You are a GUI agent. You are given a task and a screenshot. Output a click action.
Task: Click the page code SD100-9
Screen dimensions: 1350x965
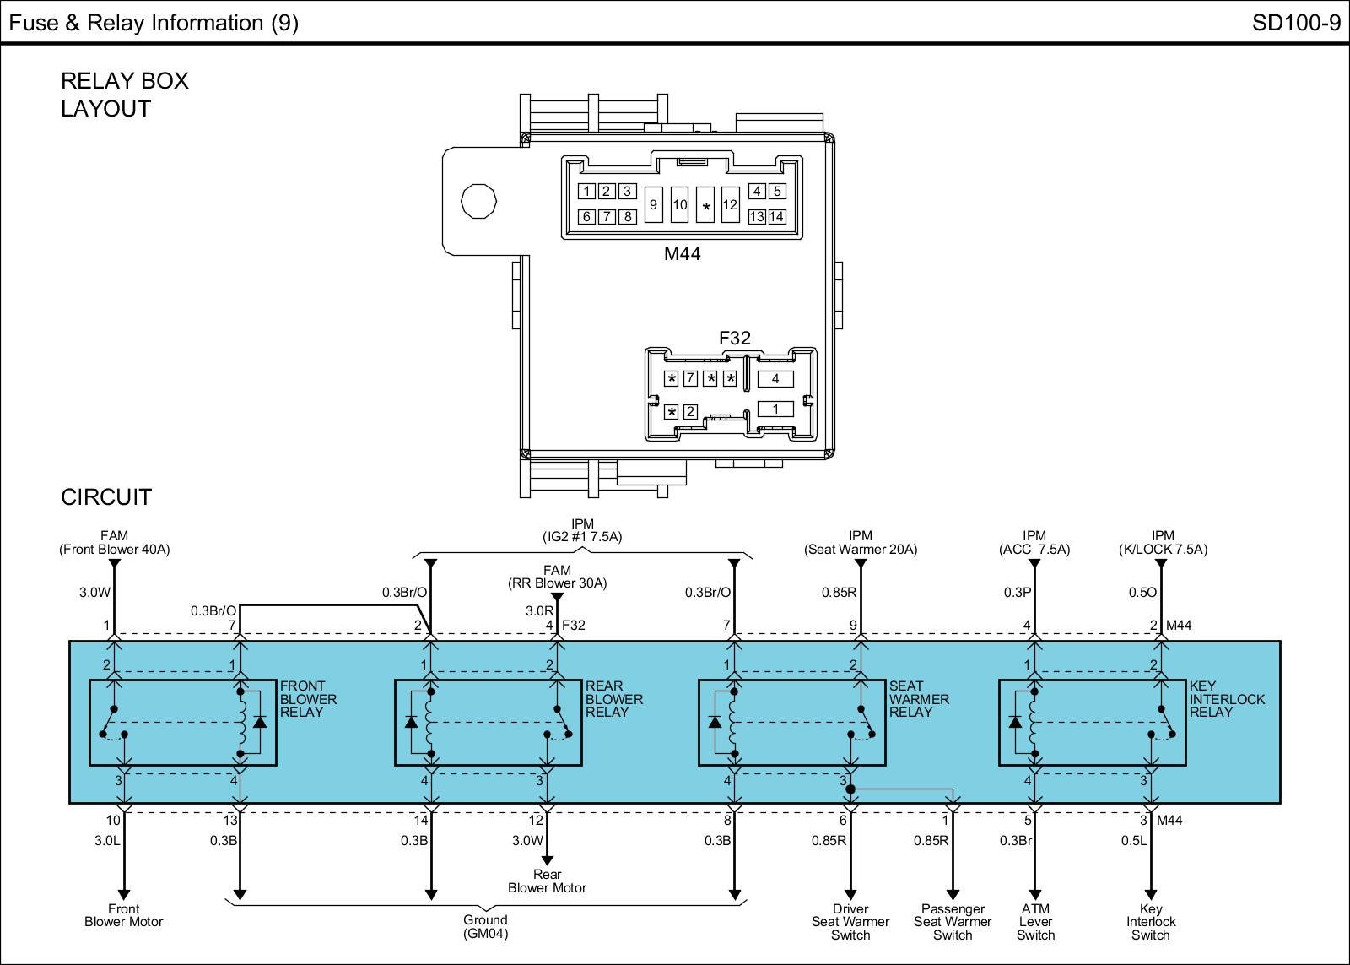click(x=1296, y=23)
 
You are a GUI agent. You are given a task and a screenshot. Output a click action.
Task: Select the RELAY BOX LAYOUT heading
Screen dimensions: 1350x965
click(x=125, y=95)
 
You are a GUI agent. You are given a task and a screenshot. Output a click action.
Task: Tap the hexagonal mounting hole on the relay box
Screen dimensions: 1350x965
click(x=478, y=201)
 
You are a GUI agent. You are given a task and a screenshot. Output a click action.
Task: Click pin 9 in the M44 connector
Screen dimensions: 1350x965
click(x=653, y=204)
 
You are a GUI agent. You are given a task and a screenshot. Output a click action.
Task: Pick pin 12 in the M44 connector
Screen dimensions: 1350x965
click(x=730, y=204)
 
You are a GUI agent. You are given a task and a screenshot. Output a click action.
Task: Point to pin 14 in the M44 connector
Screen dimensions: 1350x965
click(x=777, y=216)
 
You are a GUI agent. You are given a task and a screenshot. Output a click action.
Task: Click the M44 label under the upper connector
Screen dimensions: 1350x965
click(x=683, y=253)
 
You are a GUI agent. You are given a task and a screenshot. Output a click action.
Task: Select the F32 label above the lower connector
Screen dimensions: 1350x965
click(x=735, y=338)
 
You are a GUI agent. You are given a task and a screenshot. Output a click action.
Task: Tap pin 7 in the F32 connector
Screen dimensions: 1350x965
click(x=691, y=378)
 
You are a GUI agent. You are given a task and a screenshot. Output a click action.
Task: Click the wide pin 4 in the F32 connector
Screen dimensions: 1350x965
click(x=775, y=379)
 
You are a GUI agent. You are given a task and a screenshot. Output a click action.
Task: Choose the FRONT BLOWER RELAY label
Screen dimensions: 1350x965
click(x=308, y=699)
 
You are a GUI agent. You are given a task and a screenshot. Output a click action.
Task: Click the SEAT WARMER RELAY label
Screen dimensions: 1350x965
click(x=919, y=699)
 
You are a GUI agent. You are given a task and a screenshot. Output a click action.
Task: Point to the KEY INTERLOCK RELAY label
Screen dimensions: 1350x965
click(x=1227, y=699)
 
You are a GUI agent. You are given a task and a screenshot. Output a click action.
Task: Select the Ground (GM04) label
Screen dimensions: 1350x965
click(x=485, y=926)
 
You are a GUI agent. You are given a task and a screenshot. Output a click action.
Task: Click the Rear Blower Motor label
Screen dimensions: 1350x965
click(x=548, y=881)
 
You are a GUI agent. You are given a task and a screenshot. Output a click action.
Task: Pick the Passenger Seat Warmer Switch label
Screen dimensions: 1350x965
click(x=953, y=922)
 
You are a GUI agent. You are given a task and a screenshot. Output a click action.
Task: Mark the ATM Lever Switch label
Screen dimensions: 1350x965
click(x=1035, y=922)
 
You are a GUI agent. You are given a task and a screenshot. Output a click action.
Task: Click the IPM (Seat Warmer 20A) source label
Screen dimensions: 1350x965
click(x=861, y=542)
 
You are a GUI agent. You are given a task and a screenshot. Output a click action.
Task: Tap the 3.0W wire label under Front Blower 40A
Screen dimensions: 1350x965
click(x=95, y=593)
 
